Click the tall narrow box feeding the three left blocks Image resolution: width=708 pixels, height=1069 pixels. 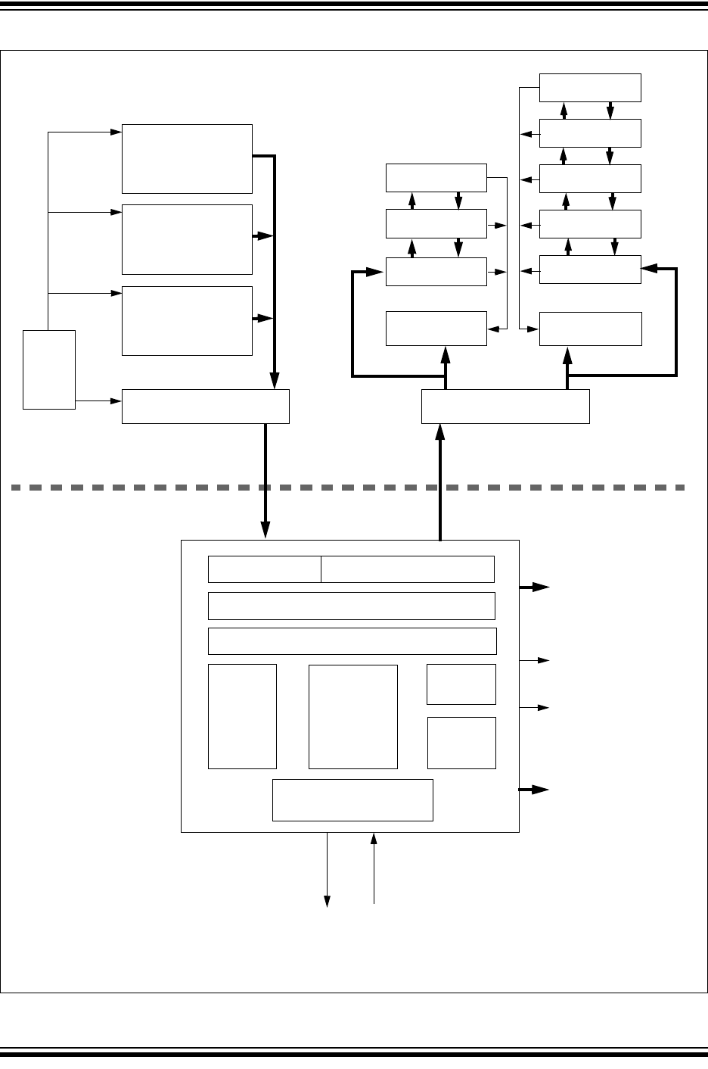pos(49,369)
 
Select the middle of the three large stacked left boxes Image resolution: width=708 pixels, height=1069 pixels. pos(187,239)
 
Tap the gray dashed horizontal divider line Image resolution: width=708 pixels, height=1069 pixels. pos(348,488)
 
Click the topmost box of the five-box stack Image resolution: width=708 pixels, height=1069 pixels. pos(590,88)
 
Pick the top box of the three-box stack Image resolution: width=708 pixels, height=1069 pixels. pos(436,178)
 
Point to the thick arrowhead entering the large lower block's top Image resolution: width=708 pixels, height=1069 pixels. pos(265,532)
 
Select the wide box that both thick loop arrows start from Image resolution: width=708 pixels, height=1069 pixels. pos(505,407)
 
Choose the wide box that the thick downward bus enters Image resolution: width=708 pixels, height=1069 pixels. pos(206,407)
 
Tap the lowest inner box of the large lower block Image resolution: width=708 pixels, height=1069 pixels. pos(352,799)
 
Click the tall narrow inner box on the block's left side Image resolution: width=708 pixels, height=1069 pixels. pos(242,716)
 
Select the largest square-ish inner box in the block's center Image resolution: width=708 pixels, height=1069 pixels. pos(353,716)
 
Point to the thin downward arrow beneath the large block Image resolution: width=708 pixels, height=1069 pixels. pos(328,871)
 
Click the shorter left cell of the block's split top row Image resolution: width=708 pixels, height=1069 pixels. pos(264,569)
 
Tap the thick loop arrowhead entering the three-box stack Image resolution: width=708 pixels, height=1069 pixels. pos(374,272)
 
